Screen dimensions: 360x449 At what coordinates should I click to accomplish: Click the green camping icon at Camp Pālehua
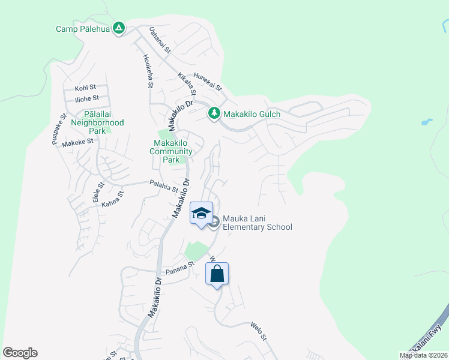[x=119, y=28]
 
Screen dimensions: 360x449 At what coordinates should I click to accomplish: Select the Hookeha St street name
[x=147, y=70]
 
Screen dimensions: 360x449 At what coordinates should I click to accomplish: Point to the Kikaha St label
[x=187, y=84]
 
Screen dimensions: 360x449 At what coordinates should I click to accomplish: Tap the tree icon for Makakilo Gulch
[x=214, y=113]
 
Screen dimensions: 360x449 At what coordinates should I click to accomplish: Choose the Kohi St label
[x=85, y=88]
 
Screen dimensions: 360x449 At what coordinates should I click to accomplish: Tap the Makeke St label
[x=78, y=142]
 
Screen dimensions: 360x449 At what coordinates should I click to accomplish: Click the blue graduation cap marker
[x=201, y=213]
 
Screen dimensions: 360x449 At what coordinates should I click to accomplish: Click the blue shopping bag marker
[x=217, y=274]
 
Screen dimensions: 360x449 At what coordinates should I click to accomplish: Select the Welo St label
[x=258, y=331]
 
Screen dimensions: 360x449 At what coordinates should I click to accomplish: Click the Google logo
[x=20, y=353]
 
